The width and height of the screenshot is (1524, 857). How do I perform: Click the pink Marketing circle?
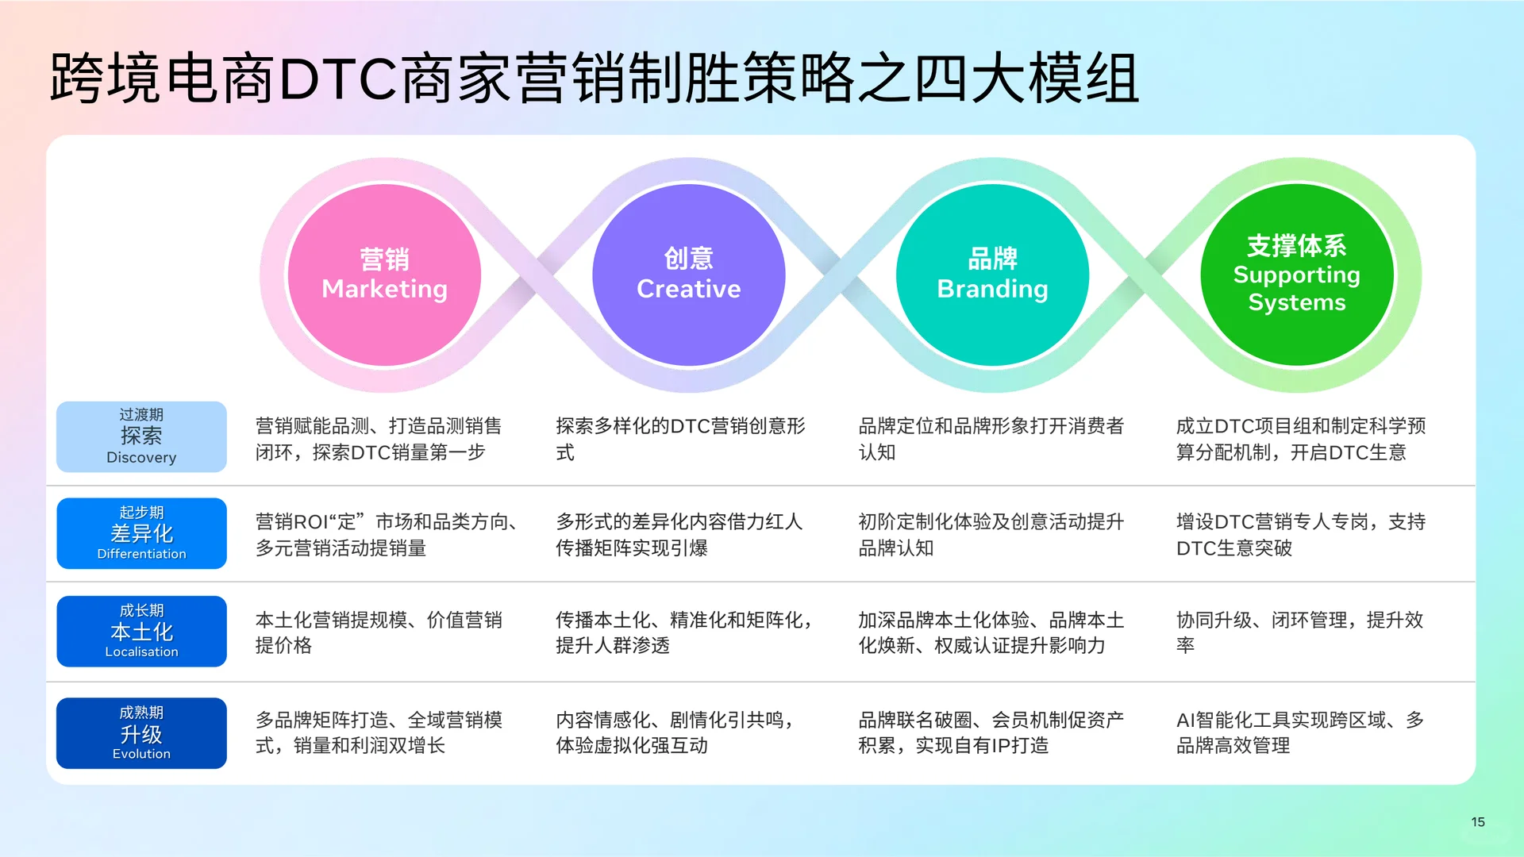384,275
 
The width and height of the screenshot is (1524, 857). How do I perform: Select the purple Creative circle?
688,275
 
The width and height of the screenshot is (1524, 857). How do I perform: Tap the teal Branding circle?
992,275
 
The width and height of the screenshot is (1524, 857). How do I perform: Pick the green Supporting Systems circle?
1296,275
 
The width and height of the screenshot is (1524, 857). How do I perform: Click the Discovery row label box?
141,436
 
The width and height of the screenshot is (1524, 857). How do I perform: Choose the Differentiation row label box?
141,533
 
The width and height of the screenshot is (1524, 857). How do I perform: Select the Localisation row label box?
141,632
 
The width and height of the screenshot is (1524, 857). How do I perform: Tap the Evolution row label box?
141,733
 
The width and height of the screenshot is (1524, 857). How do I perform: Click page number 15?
1477,822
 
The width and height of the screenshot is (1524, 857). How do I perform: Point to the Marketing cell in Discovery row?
378,439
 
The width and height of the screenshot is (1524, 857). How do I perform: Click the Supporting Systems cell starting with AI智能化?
1299,732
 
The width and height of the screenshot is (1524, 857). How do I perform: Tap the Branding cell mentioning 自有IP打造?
991,732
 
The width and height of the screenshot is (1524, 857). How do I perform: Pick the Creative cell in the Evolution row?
675,732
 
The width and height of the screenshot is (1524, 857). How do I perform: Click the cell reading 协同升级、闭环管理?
1299,632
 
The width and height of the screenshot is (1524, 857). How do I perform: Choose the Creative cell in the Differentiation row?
679,535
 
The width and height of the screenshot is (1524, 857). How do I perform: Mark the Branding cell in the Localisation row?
991,632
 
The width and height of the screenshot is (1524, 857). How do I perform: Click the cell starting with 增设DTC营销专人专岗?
1299,535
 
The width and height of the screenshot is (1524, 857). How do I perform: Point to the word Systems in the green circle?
1296,302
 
